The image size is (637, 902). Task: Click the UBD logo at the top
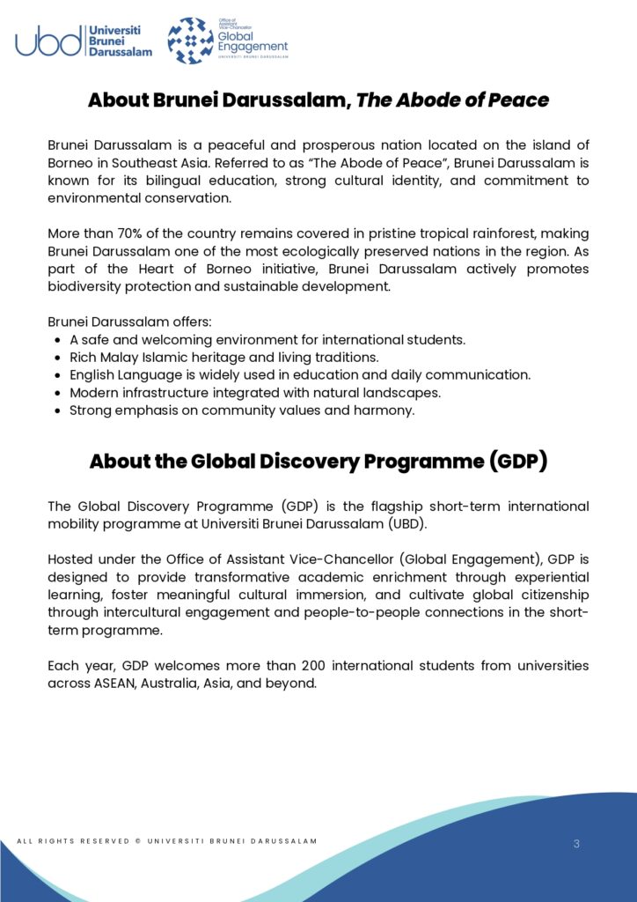pyautogui.click(x=84, y=41)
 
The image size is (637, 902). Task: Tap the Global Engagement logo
pyautogui.click(x=228, y=41)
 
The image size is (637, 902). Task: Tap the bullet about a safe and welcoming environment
pyautogui.click(x=267, y=340)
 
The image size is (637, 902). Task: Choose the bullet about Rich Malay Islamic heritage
pyautogui.click(x=223, y=358)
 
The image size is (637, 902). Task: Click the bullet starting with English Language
pyautogui.click(x=300, y=375)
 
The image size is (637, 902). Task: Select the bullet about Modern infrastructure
pyautogui.click(x=255, y=393)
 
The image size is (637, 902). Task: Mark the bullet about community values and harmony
pyautogui.click(x=242, y=410)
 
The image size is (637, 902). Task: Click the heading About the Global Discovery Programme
pyautogui.click(x=318, y=462)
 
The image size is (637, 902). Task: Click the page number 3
pyautogui.click(x=576, y=844)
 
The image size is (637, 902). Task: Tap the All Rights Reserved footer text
pyautogui.click(x=167, y=841)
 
